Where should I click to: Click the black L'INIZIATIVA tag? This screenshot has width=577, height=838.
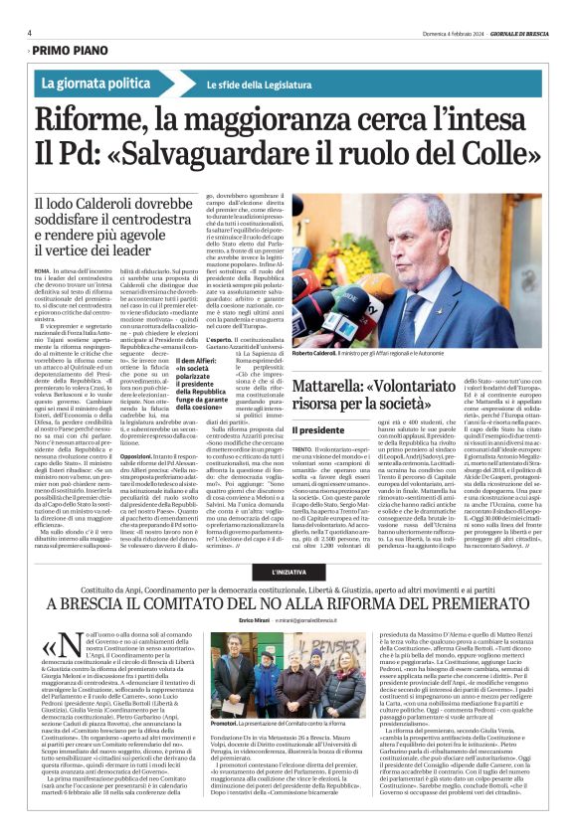tap(288, 571)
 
